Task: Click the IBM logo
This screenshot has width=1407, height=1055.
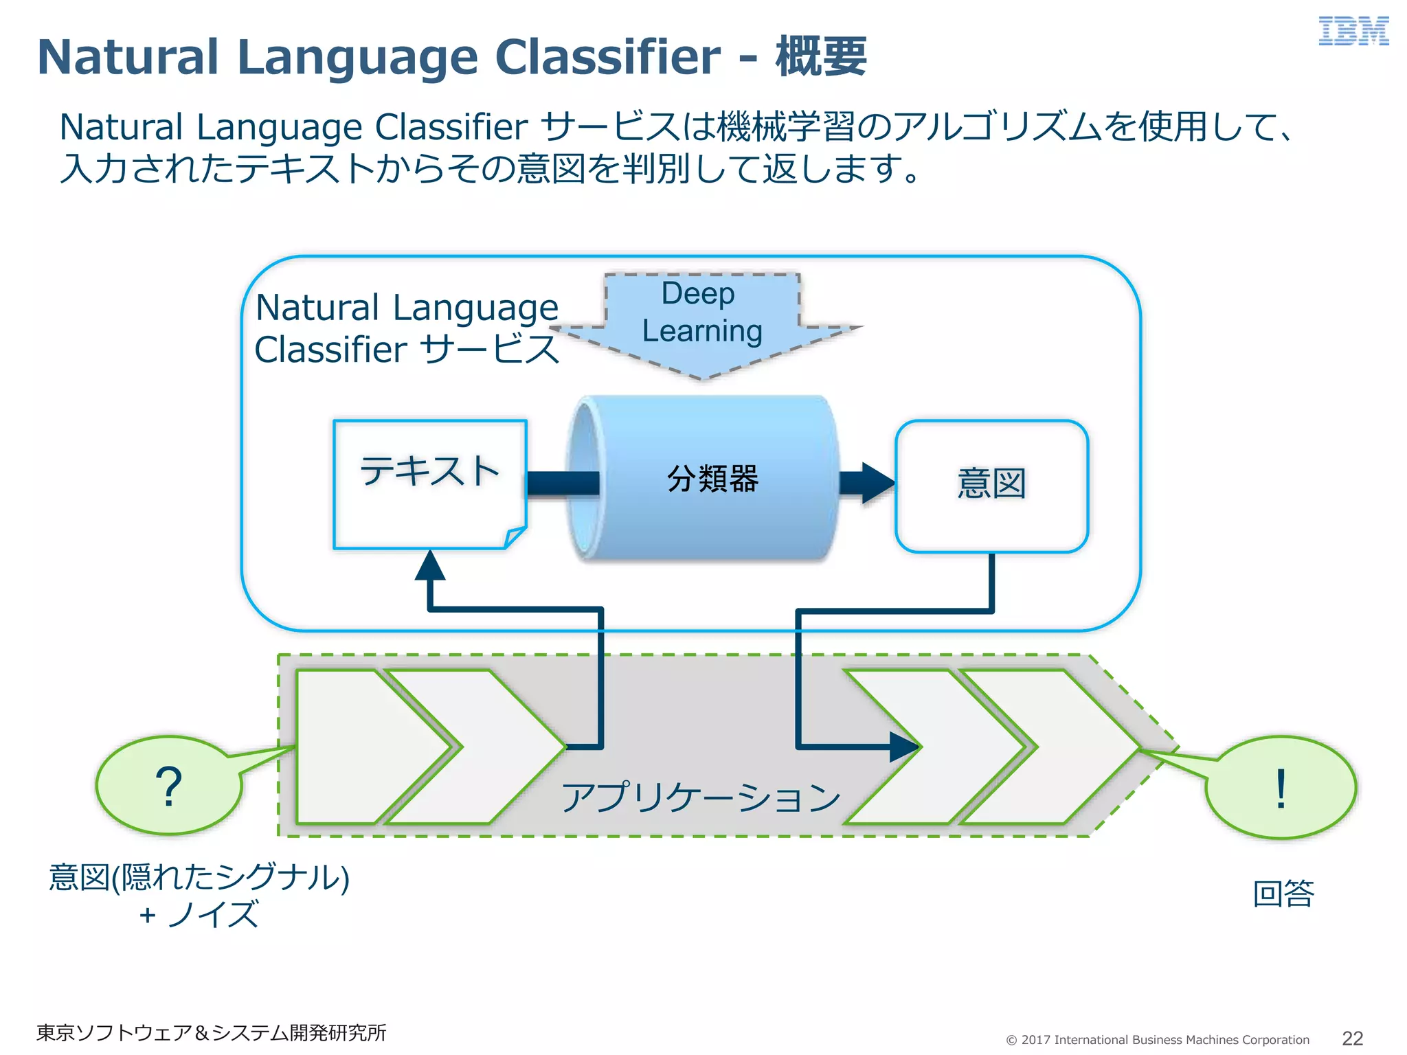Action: [1353, 32]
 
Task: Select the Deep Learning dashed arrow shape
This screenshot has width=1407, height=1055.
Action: [702, 323]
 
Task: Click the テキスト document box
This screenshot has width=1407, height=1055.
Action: [429, 484]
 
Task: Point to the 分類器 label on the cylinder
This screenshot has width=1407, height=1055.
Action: [712, 479]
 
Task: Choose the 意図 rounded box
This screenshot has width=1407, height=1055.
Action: [991, 485]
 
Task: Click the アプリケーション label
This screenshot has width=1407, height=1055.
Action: [701, 797]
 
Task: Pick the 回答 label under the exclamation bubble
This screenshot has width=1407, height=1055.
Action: [1283, 894]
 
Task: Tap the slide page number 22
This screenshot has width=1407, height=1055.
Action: [1352, 1039]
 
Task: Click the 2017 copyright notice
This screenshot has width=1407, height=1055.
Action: [1158, 1040]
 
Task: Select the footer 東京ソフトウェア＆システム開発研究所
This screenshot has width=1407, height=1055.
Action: [211, 1033]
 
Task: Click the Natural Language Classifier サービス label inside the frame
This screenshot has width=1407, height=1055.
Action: [407, 328]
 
